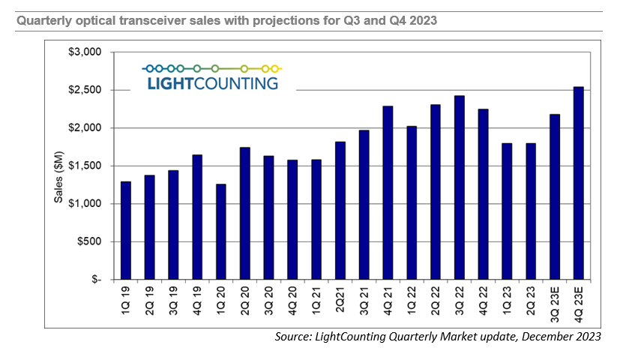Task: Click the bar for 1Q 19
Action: click(125, 230)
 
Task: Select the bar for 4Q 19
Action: click(196, 217)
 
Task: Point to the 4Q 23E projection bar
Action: click(577, 183)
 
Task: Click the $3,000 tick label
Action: click(84, 52)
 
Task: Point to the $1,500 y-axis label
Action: click(84, 166)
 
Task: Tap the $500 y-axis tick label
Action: click(88, 241)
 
